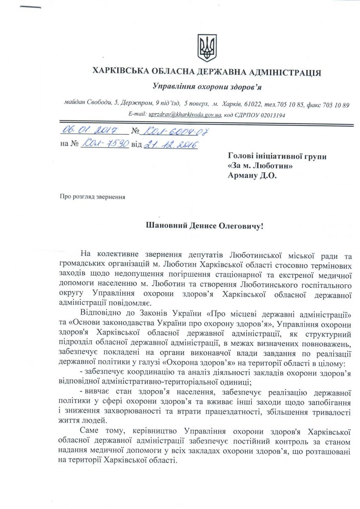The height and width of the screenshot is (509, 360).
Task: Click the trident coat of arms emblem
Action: [207, 48]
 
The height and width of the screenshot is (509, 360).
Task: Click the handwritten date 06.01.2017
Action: [89, 131]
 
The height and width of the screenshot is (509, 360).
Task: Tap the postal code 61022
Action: [253, 104]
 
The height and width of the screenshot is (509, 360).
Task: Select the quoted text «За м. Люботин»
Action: [260, 166]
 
